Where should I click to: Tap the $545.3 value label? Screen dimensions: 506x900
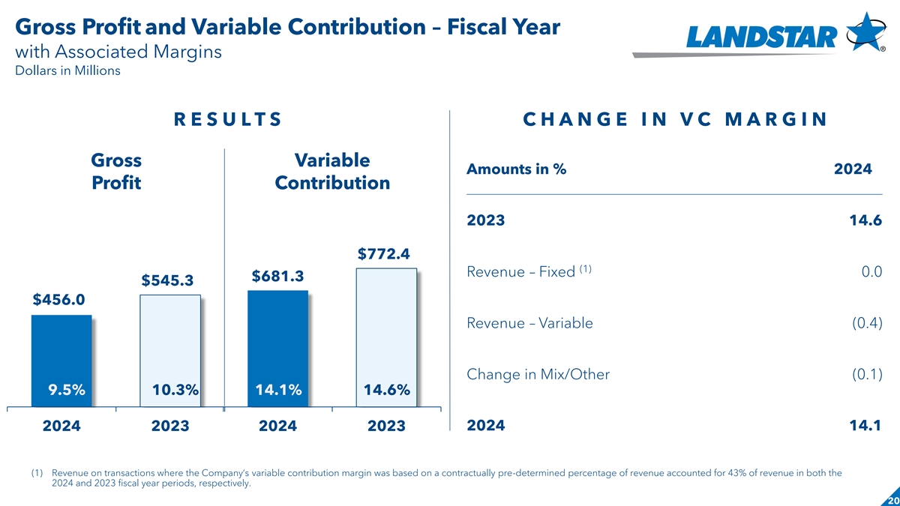click(x=167, y=280)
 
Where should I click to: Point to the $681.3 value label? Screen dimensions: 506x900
click(x=277, y=277)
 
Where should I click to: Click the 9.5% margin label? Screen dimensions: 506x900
click(x=67, y=390)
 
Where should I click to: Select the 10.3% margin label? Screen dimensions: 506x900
click(x=175, y=390)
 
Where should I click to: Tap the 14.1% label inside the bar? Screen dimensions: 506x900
click(x=278, y=390)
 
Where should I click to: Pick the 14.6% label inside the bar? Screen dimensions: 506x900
click(x=386, y=390)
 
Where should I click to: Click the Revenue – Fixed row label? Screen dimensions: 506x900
click(x=520, y=271)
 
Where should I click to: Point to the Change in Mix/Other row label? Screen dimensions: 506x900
click(x=538, y=374)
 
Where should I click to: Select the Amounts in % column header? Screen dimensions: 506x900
click(x=516, y=169)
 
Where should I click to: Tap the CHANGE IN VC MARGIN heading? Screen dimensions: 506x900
click(x=674, y=120)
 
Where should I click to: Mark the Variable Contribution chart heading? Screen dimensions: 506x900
click(x=332, y=172)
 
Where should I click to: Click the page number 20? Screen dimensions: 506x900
click(x=892, y=500)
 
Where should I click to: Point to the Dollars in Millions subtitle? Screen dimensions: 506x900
click(x=67, y=71)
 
